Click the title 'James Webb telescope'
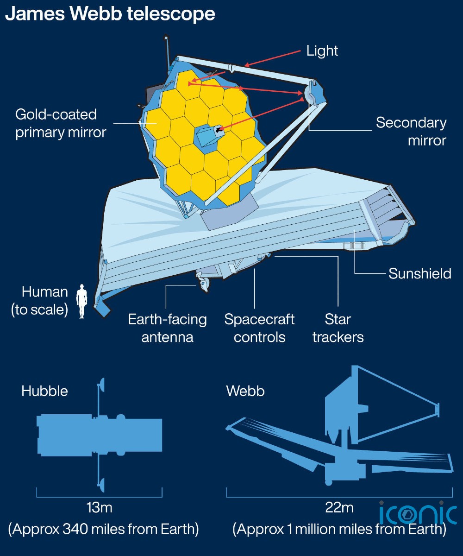(110, 14)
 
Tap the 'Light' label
(322, 51)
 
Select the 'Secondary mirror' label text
(411, 131)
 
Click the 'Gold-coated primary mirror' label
(61, 123)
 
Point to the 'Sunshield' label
(420, 273)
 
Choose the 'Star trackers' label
(338, 329)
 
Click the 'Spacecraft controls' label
(259, 329)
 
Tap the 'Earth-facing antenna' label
(167, 329)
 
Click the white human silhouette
(81, 301)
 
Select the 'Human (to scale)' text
(39, 301)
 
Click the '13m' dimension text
(99, 507)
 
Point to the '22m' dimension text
(339, 507)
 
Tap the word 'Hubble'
(44, 391)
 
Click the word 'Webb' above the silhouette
(245, 391)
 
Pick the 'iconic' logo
(418, 513)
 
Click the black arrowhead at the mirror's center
(219, 130)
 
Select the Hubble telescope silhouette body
(99, 435)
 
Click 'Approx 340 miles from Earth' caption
(104, 529)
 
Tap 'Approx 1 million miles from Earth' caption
(339, 529)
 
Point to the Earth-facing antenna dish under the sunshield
(203, 282)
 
